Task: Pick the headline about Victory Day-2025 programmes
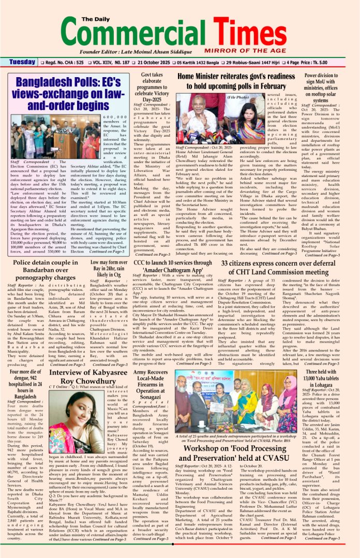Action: point(152,87)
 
